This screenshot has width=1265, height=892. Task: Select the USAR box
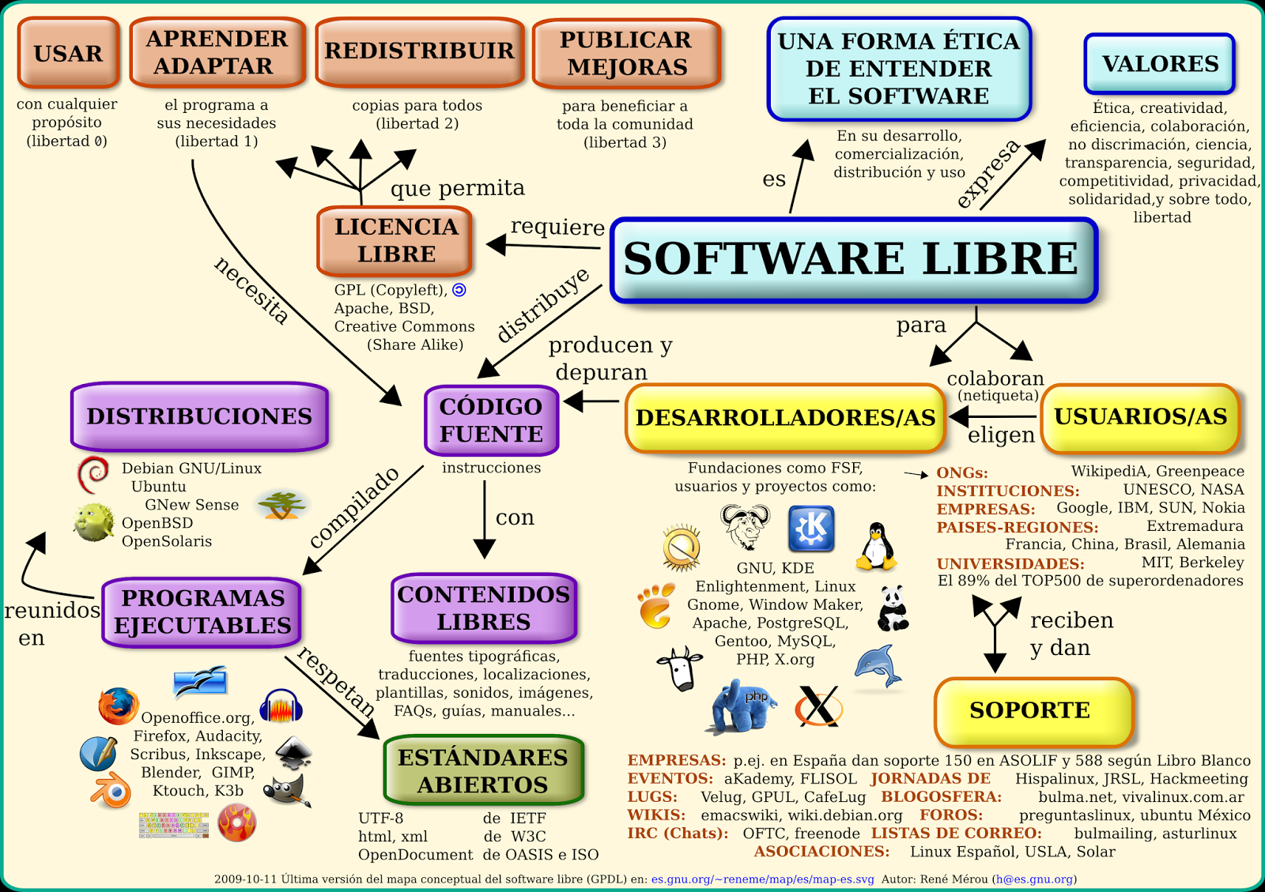pos(69,53)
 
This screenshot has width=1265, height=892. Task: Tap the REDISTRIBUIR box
pos(419,51)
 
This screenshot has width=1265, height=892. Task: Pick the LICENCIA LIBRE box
pos(395,240)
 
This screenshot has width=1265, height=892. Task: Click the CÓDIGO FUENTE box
pos(491,420)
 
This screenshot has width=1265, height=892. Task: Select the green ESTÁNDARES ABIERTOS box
pos(483,770)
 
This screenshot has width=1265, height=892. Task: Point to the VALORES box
pos(1160,64)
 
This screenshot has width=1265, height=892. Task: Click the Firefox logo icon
pos(118,706)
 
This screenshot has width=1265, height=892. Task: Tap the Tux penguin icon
pos(876,546)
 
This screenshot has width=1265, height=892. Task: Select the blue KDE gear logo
pos(811,528)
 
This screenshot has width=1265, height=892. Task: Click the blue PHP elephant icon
pos(743,705)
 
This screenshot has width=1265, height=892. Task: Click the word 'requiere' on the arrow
pos(557,227)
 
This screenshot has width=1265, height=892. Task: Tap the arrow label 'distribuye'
pos(543,304)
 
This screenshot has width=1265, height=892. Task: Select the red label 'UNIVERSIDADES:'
pos(1010,563)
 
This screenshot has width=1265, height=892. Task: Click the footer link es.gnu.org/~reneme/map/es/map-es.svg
pos(762,879)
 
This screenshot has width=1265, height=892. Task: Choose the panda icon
pos(893,608)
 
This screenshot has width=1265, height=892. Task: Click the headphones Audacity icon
pos(281,706)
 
